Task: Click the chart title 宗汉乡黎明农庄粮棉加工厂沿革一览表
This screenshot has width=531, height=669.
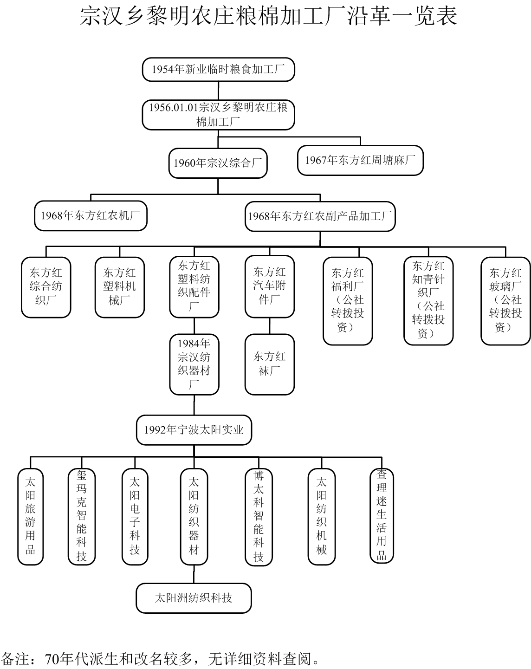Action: point(268,16)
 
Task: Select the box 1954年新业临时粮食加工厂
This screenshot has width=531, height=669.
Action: point(218,69)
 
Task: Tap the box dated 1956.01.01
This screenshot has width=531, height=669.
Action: point(218,115)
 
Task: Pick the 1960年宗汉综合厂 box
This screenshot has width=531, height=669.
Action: point(218,163)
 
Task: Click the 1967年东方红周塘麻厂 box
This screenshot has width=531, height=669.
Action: point(360,161)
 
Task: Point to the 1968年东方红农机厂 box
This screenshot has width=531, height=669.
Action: point(91,216)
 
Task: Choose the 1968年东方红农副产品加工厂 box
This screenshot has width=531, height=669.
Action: point(320,216)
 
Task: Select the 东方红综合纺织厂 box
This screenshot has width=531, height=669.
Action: point(46,287)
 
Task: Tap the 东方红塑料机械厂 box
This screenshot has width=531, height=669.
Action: point(120,287)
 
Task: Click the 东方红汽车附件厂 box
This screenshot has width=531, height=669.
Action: point(270,286)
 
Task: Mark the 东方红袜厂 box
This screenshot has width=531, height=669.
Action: point(270,364)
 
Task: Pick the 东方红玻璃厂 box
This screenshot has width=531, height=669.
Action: point(505,301)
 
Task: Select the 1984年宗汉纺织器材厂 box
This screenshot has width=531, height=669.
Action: point(194,364)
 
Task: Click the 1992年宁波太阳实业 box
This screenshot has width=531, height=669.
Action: point(194,430)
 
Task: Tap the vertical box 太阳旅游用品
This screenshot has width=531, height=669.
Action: point(30,516)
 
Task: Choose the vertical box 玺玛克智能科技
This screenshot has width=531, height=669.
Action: point(81,516)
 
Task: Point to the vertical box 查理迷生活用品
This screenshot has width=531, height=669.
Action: point(382,515)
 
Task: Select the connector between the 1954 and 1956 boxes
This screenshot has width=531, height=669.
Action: point(218,91)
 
